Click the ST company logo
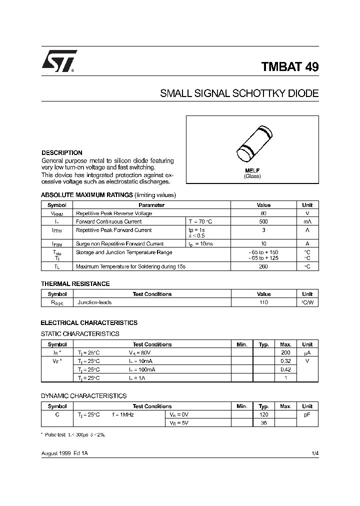(58, 61)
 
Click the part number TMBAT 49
(289, 67)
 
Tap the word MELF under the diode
(252, 171)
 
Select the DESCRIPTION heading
(61, 153)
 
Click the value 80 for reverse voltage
(263, 213)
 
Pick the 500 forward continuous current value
(263, 221)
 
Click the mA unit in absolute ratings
(307, 221)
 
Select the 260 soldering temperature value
(263, 267)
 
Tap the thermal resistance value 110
(263, 302)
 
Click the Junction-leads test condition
(94, 302)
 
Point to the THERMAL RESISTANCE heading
(75, 284)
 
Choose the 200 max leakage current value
(285, 352)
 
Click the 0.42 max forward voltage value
(285, 369)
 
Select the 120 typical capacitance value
(264, 415)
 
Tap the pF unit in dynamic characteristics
(307, 415)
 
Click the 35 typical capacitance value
(264, 423)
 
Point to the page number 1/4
(314, 452)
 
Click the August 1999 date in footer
(56, 452)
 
